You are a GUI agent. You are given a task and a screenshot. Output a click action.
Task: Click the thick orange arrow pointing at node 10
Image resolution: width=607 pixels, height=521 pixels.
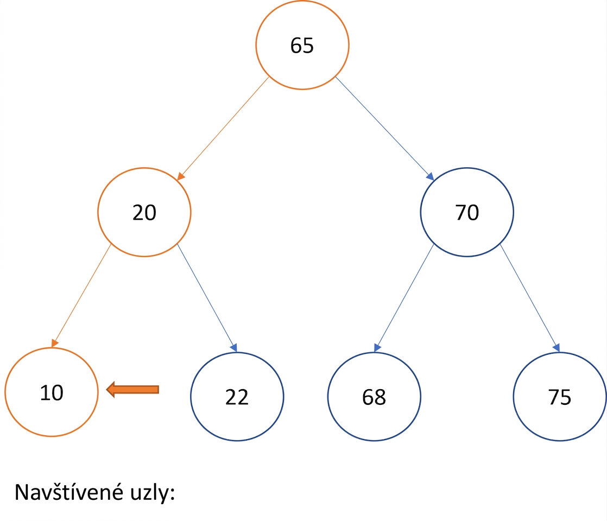click(132, 390)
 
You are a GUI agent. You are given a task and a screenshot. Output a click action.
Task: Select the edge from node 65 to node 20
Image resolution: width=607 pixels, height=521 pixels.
click(223, 129)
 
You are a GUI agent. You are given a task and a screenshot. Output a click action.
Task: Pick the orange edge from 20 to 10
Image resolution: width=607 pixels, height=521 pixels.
click(81, 296)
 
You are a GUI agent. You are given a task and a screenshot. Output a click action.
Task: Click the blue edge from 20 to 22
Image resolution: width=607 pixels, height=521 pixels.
click(207, 298)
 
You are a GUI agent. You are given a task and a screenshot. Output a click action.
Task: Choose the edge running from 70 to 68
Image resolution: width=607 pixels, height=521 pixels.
click(404, 298)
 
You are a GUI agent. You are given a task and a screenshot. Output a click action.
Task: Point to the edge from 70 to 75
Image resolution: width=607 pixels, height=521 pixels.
click(530, 298)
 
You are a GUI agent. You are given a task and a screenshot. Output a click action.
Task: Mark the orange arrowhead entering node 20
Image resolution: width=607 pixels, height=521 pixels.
click(181, 176)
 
